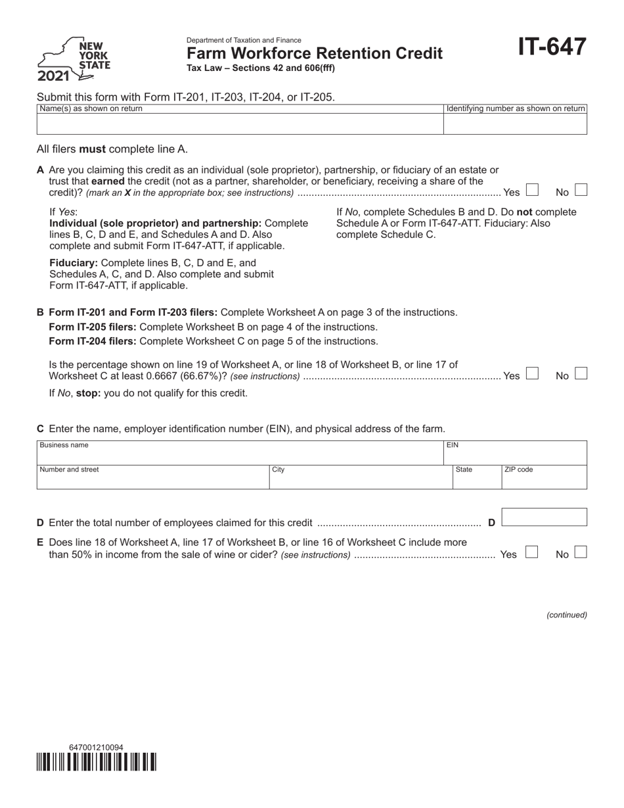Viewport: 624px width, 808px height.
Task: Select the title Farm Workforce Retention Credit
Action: pyautogui.click(x=315, y=53)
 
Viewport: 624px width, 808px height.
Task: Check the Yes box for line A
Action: pyautogui.click(x=533, y=191)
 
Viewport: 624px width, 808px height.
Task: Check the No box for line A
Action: pyautogui.click(x=581, y=191)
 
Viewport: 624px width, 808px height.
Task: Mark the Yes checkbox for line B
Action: pyautogui.click(x=533, y=374)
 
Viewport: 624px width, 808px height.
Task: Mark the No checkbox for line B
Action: pyautogui.click(x=581, y=374)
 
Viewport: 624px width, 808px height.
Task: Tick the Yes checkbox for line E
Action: pyautogui.click(x=533, y=552)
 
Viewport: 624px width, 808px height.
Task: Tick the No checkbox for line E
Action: pyautogui.click(x=581, y=552)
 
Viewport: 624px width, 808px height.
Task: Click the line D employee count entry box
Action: pyautogui.click(x=545, y=518)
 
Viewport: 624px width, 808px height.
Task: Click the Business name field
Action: pyautogui.click(x=240, y=453)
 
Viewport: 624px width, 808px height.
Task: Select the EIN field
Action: pyautogui.click(x=515, y=453)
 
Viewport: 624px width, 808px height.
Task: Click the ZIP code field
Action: pyautogui.click(x=544, y=478)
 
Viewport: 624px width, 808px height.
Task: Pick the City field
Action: pyautogui.click(x=360, y=478)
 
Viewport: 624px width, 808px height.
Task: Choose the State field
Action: pyautogui.click(x=477, y=478)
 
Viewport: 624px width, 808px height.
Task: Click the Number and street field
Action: pyautogui.click(x=152, y=478)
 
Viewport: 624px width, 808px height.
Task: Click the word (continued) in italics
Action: pyautogui.click(x=567, y=615)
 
